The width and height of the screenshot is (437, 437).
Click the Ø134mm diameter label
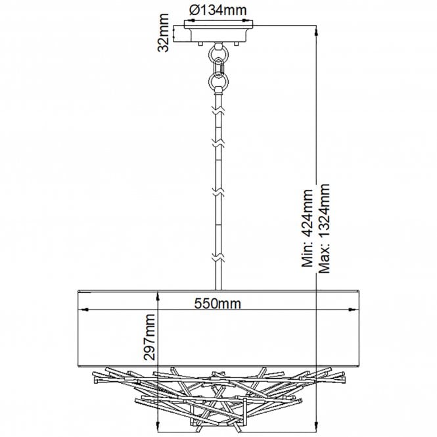[218, 11]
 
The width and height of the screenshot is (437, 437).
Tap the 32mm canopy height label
[164, 33]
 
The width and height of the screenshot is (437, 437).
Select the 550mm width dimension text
[218, 303]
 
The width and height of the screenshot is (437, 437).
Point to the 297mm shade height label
[149, 336]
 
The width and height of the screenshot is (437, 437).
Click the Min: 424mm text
[308, 228]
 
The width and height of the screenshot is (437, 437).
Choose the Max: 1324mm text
[324, 229]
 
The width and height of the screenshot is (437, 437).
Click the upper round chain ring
[218, 53]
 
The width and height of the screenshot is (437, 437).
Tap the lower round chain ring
[218, 81]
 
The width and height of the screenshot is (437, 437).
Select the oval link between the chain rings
[219, 67]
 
